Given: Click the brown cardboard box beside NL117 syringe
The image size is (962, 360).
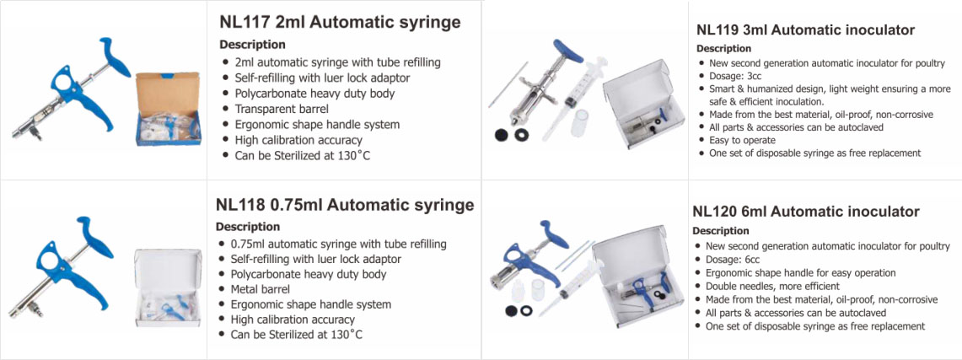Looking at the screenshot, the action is coord(168,108).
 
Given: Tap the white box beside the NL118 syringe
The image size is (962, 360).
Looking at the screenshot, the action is coord(168,287).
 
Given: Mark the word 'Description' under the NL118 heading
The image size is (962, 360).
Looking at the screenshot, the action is coord(248,227).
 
